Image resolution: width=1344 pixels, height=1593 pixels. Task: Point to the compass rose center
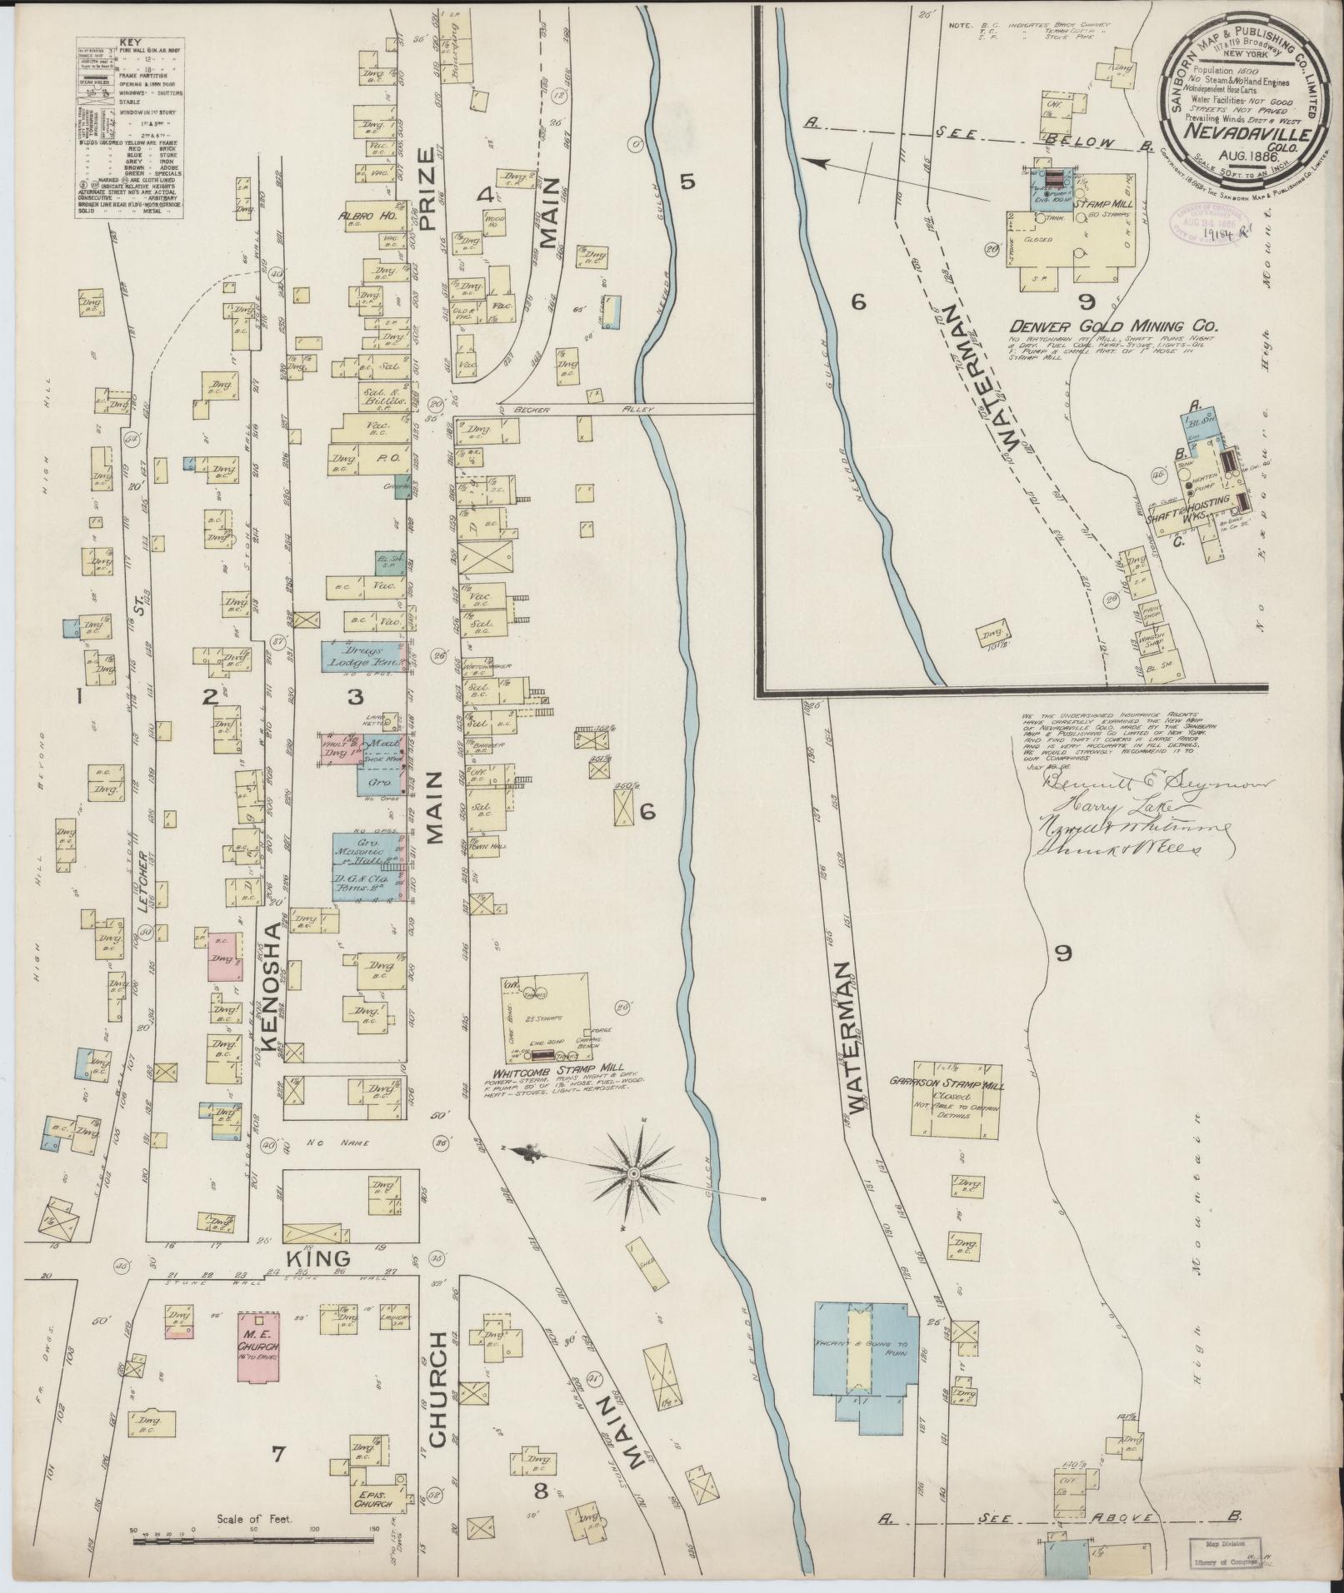633,1173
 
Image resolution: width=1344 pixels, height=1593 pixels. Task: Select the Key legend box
129,127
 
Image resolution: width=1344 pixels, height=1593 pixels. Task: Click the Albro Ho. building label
367,216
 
